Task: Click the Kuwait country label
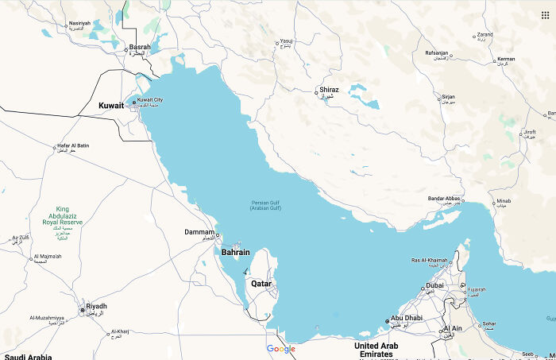click(111, 105)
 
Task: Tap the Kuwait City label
click(150, 100)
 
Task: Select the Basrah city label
click(140, 47)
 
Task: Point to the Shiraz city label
click(329, 90)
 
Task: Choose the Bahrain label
click(235, 252)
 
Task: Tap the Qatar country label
click(262, 283)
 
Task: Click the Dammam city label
click(199, 232)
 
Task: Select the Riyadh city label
click(96, 306)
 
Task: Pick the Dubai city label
click(434, 285)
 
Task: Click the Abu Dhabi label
click(406, 319)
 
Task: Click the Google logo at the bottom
click(280, 349)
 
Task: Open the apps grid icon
click(545, 14)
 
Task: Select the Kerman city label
click(505, 59)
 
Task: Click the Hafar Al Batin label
click(73, 145)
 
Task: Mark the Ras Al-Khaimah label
click(429, 261)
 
